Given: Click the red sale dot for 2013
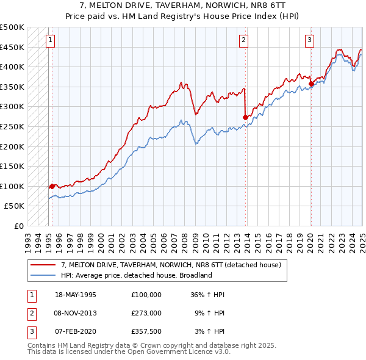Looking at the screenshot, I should (246, 117).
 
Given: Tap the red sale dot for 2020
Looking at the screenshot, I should (311, 84).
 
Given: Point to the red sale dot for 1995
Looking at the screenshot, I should (52, 186).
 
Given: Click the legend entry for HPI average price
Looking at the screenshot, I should (135, 275).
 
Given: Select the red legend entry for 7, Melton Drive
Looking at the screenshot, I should (170, 265).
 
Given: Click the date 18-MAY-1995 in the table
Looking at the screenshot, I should (76, 295).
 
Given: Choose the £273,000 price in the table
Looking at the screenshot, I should (146, 313).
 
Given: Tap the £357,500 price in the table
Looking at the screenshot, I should (146, 331).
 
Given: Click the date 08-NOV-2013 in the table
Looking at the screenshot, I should (76, 313).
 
